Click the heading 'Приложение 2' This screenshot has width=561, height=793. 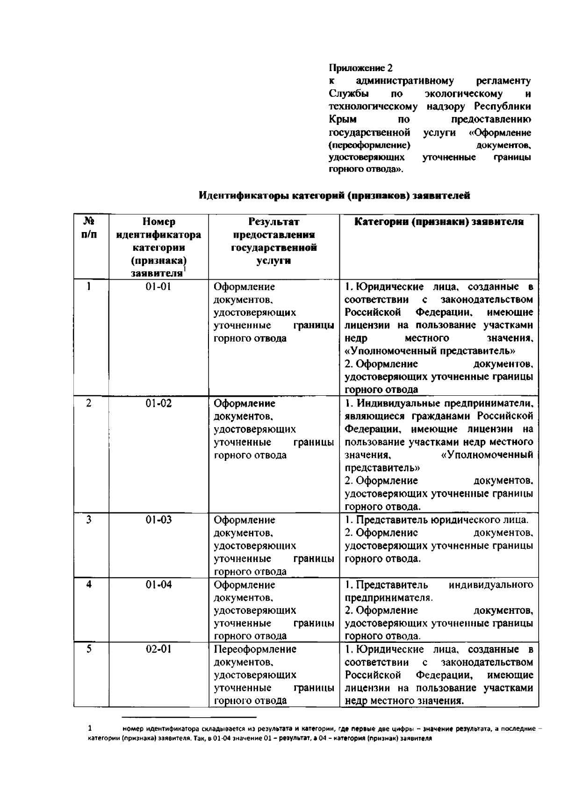(360, 68)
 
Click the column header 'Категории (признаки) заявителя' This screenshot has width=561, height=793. (439, 222)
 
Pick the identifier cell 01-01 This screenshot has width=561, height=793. (158, 286)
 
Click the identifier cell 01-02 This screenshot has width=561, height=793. (158, 403)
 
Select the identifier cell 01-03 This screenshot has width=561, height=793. (158, 520)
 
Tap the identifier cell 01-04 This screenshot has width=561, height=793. (158, 584)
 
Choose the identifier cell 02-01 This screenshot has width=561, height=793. (158, 649)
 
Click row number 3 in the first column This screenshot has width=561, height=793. (88, 519)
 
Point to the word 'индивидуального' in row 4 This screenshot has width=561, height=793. (490, 585)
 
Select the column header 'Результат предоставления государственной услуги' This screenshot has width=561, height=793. (273, 241)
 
